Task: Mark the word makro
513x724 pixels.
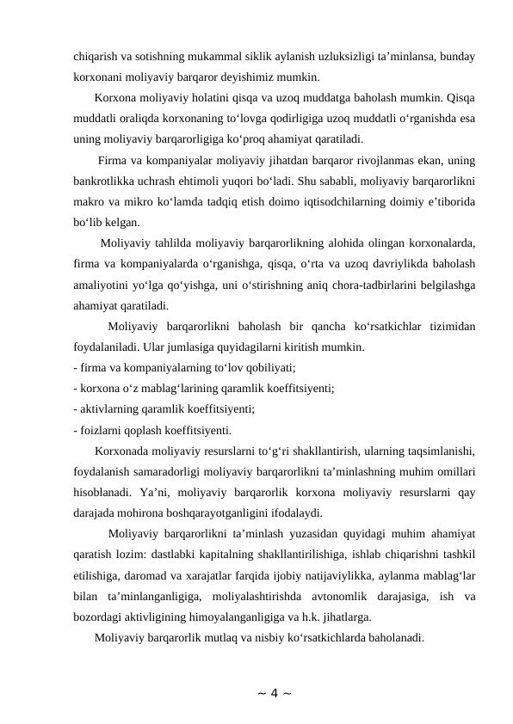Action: pyautogui.click(x=90, y=202)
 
